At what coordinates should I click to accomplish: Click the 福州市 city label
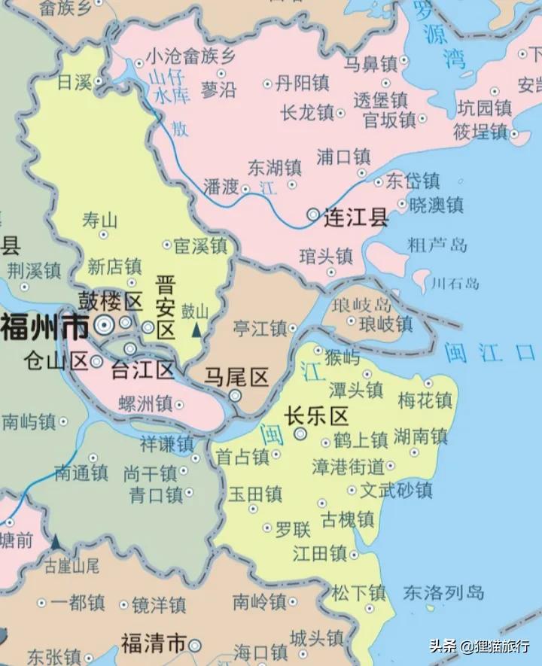click(44, 327)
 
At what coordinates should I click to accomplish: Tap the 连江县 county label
click(356, 217)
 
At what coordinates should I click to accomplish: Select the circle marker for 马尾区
click(236, 396)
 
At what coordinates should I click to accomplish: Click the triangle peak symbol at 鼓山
click(196, 330)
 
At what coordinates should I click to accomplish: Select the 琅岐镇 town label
click(385, 324)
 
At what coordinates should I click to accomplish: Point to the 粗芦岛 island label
click(437, 244)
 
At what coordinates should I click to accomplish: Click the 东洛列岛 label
click(443, 592)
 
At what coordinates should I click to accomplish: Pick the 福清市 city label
click(154, 643)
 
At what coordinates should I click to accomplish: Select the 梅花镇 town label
click(425, 400)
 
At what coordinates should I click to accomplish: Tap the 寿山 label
click(100, 220)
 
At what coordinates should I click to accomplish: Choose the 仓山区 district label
click(56, 360)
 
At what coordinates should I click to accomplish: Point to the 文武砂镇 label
click(396, 490)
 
